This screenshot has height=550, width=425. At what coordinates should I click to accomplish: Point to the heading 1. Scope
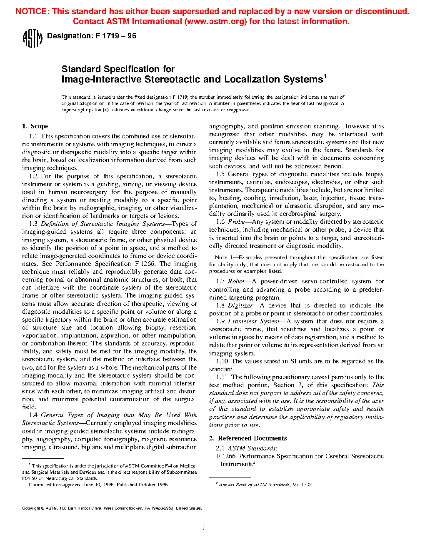35,126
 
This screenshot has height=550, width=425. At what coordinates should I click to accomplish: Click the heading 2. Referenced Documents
248,438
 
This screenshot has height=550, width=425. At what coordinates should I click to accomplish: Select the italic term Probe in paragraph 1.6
236,222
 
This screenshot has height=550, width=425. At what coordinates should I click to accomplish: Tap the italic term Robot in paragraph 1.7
236,282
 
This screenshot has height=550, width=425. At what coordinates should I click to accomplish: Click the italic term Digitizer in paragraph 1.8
240,305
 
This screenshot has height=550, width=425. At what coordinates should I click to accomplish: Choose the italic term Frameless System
253,321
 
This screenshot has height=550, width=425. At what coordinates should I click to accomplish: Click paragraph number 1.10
222,361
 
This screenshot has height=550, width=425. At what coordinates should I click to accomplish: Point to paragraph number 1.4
33,415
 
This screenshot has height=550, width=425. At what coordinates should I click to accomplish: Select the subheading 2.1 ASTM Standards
246,448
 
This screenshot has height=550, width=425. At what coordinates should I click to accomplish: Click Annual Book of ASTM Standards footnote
254,485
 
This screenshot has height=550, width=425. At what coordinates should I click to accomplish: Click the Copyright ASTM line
112,508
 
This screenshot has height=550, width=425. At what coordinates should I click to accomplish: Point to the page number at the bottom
203,528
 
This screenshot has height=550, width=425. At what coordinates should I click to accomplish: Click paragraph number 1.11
222,377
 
